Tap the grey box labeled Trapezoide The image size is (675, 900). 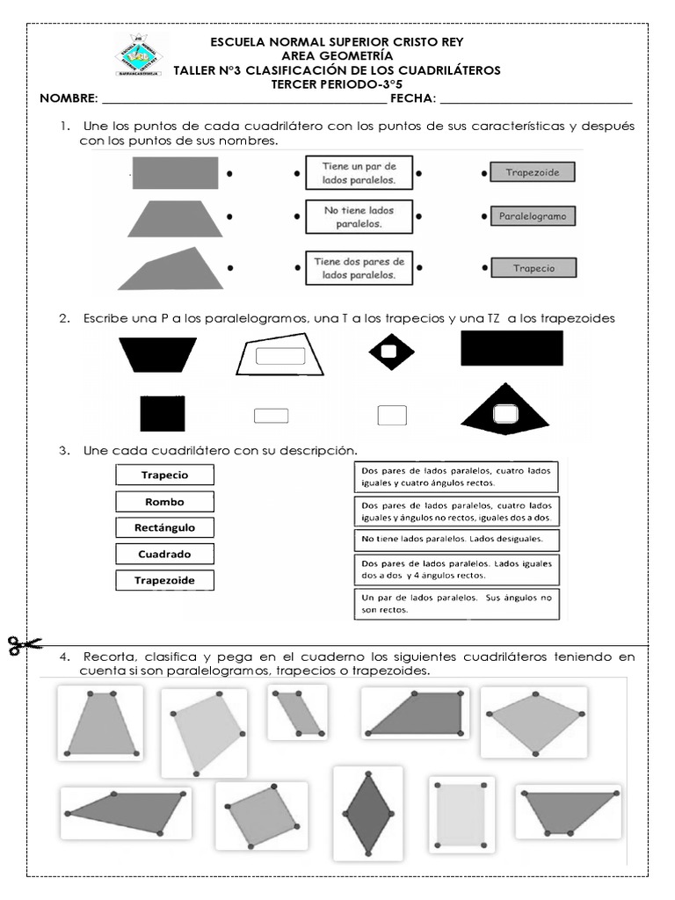pyautogui.click(x=533, y=173)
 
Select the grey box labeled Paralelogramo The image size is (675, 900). pyautogui.click(x=533, y=215)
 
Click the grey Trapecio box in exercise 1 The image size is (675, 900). pyautogui.click(x=533, y=269)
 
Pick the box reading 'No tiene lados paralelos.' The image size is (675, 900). pyautogui.click(x=358, y=217)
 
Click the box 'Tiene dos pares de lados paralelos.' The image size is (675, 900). pyautogui.click(x=358, y=267)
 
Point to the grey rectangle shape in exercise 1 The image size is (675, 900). pyautogui.click(x=175, y=173)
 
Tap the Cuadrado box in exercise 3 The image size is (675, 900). pyautogui.click(x=164, y=555)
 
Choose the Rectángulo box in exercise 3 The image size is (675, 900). pyautogui.click(x=164, y=528)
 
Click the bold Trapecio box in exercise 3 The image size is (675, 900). pyautogui.click(x=164, y=475)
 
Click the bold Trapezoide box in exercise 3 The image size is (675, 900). pyautogui.click(x=164, y=580)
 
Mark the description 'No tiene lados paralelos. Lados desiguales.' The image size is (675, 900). pyautogui.click(x=456, y=539)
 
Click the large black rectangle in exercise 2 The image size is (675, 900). pyautogui.click(x=512, y=349)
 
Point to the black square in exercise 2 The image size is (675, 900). pyautogui.click(x=163, y=413)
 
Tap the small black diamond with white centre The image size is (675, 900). pyautogui.click(x=391, y=352)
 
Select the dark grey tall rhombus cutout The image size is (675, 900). pyautogui.click(x=368, y=813)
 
